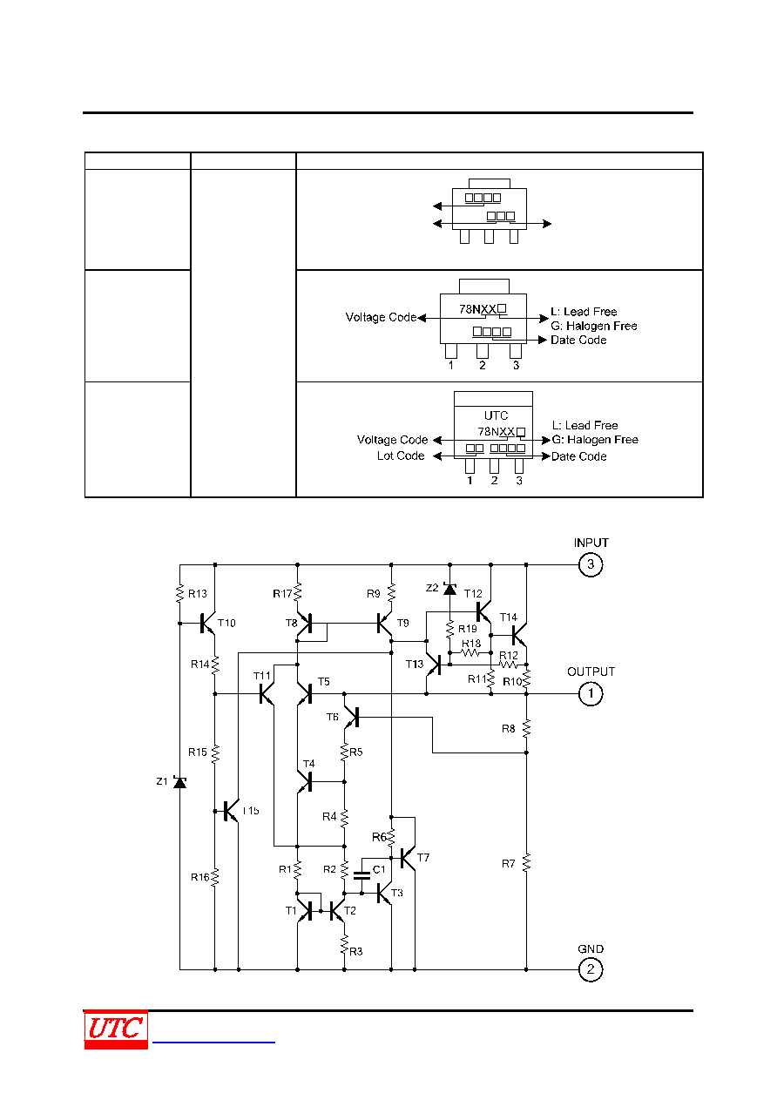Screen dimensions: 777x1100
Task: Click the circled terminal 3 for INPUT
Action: (x=590, y=564)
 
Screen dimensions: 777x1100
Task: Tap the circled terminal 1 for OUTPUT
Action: (x=590, y=694)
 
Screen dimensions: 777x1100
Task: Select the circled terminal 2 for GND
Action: (x=590, y=969)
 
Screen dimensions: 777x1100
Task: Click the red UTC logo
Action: (x=116, y=1029)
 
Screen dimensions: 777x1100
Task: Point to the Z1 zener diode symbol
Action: (x=179, y=781)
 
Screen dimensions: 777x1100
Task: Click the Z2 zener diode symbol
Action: (x=449, y=588)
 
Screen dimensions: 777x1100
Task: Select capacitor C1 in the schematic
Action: (x=362, y=875)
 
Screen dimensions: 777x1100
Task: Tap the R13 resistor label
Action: (x=198, y=594)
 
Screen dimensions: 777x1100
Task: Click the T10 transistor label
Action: (x=226, y=624)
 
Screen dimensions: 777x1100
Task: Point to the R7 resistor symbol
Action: (x=526, y=863)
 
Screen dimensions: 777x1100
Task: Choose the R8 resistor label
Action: (x=509, y=729)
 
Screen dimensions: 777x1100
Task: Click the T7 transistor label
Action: (x=422, y=857)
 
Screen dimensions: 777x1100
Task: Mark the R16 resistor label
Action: (x=199, y=877)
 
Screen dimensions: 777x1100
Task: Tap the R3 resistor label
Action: (x=355, y=952)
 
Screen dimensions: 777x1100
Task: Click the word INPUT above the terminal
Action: (x=591, y=543)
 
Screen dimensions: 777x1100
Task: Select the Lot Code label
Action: (x=401, y=456)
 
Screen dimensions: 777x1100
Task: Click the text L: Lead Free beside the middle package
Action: (x=584, y=311)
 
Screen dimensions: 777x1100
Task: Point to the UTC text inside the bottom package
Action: (x=496, y=415)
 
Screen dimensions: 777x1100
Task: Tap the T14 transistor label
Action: (x=509, y=617)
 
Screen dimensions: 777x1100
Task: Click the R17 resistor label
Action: (x=282, y=594)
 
